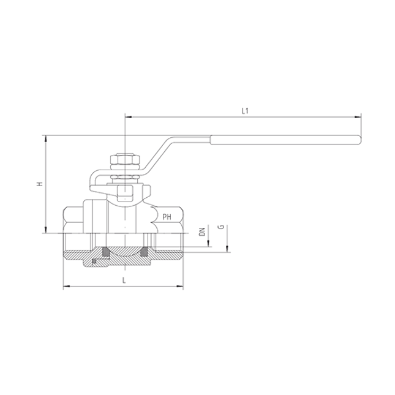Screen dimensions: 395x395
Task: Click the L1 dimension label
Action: pyautogui.click(x=244, y=111)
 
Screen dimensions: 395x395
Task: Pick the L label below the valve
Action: pyautogui.click(x=124, y=280)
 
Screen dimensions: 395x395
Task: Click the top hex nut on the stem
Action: pyautogui.click(x=125, y=162)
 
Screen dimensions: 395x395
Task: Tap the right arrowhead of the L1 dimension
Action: pyautogui.click(x=359, y=116)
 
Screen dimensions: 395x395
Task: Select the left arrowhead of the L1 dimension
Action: pyautogui.click(x=127, y=116)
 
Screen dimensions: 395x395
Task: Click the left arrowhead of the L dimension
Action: pyautogui.click(x=66, y=286)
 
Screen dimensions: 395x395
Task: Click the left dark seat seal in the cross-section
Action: pyautogui.click(x=105, y=252)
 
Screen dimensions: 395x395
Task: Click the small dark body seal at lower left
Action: pyautogui.click(x=94, y=263)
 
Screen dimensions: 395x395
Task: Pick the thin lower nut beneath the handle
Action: pyautogui.click(x=125, y=178)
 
